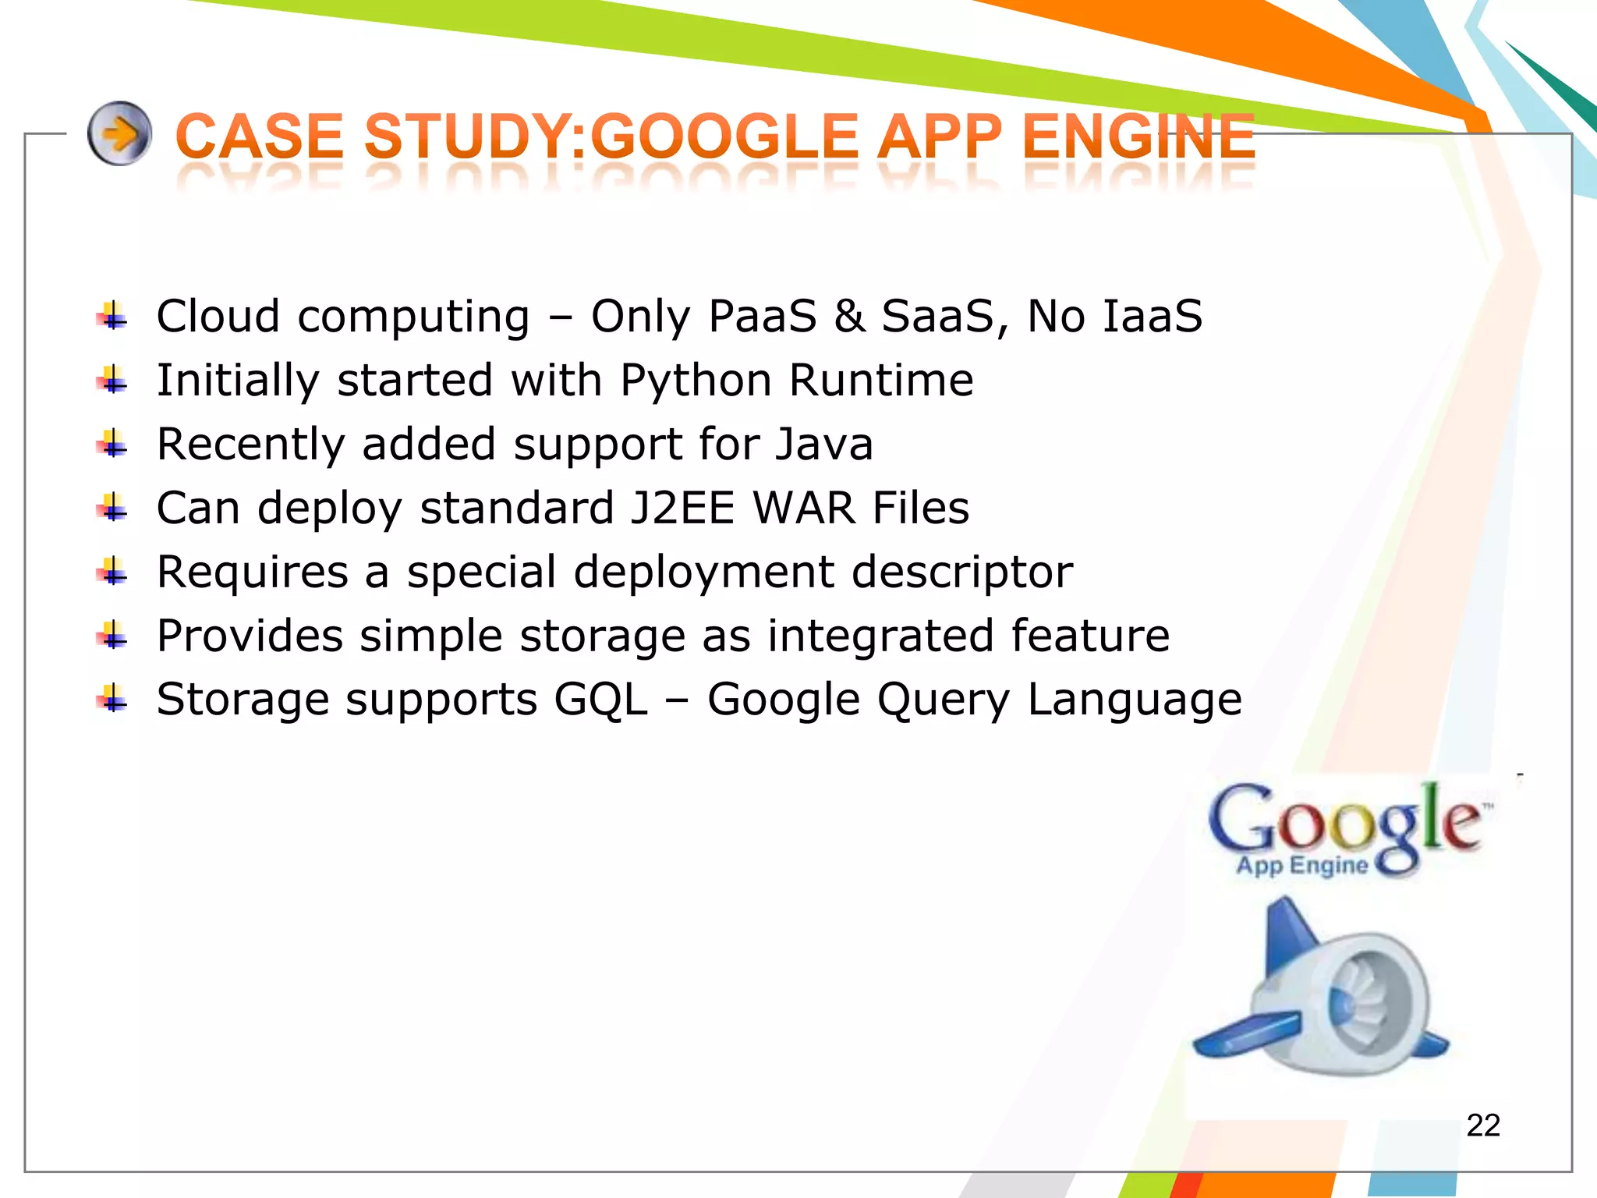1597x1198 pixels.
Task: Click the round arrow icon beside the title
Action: [119, 133]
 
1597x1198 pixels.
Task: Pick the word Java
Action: [823, 445]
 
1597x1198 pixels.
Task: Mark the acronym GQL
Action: [600, 700]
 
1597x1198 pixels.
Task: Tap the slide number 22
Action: [1482, 1125]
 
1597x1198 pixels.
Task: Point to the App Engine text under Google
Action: [1301, 866]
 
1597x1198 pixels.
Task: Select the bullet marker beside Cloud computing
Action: [112, 317]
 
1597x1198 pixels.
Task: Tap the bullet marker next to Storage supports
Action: [112, 700]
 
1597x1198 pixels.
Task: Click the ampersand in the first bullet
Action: [849, 317]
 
